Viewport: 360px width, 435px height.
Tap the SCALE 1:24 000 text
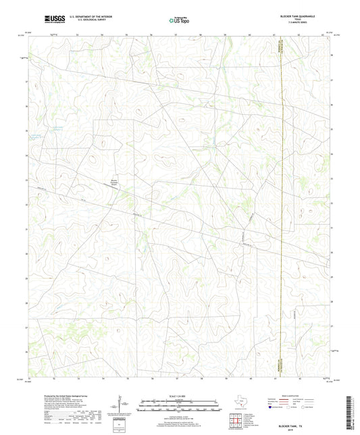[x=179, y=395]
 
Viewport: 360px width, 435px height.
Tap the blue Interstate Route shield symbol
[x=272, y=407]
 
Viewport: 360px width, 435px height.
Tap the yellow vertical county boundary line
[x=278, y=203]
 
